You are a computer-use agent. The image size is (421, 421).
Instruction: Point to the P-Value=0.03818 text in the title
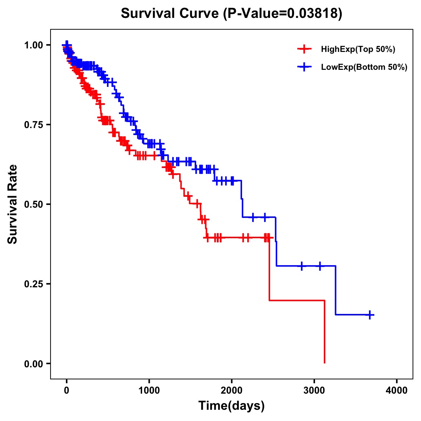click(282, 13)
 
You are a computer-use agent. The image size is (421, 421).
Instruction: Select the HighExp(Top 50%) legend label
click(358, 49)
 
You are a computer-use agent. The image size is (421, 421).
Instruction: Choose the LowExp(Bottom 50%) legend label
click(364, 67)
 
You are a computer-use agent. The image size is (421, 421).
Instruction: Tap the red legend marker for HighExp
click(304, 49)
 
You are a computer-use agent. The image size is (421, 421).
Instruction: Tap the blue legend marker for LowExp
click(304, 67)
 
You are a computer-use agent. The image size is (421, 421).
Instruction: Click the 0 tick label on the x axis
click(67, 390)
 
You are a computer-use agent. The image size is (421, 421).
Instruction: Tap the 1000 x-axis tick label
click(149, 390)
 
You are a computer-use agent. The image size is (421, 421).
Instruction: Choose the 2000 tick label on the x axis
click(232, 390)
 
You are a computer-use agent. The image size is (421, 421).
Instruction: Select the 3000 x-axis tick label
click(314, 390)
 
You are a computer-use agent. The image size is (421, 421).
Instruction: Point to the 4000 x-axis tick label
click(397, 390)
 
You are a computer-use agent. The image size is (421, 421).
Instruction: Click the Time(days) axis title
click(232, 406)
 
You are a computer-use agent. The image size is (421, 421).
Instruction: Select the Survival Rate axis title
click(13, 204)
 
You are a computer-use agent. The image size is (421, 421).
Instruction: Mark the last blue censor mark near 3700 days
click(370, 315)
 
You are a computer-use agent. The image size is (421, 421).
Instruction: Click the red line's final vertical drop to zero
click(325, 332)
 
